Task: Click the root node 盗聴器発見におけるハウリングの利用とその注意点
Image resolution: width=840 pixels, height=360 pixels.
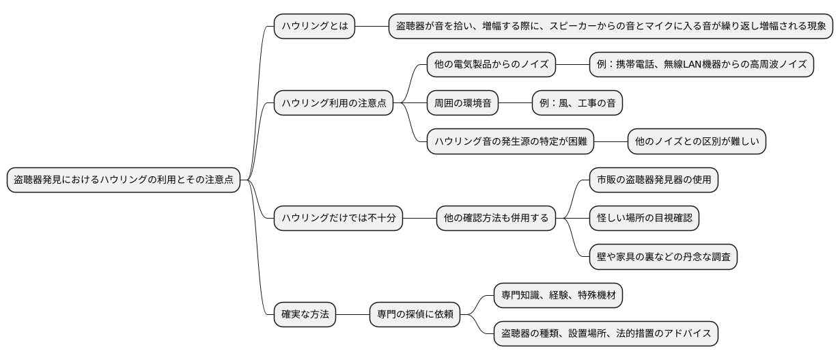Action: click(x=124, y=180)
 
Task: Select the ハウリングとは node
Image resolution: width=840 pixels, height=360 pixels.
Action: click(x=314, y=27)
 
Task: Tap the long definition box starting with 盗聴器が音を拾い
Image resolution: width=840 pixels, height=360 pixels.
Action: click(x=611, y=27)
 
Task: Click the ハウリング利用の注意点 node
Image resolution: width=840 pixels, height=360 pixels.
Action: click(x=333, y=103)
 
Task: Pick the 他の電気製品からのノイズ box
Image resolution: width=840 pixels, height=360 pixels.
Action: click(x=491, y=65)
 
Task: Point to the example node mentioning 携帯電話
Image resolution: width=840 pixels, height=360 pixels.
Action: click(x=701, y=65)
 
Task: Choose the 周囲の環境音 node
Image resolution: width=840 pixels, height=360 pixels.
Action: click(x=462, y=103)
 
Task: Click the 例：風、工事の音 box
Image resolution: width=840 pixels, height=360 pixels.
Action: click(x=577, y=103)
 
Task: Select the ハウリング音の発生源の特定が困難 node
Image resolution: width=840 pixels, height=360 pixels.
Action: click(x=510, y=141)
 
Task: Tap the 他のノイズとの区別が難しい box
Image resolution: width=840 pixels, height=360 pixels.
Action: click(x=697, y=141)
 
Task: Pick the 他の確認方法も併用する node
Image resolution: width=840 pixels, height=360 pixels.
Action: click(x=496, y=219)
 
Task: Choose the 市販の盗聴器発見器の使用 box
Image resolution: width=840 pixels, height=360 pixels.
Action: click(x=654, y=180)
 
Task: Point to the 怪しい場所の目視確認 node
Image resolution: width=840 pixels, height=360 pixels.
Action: click(x=645, y=219)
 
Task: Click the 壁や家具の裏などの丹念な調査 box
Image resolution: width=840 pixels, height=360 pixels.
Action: click(x=664, y=257)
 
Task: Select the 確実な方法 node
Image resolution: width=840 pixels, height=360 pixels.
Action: click(x=305, y=315)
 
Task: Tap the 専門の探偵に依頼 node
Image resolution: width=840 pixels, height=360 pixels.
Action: click(x=415, y=315)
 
